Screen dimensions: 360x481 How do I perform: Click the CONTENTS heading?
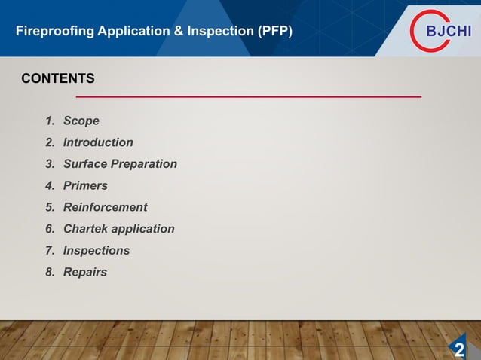tap(58, 78)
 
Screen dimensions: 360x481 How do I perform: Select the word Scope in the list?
tap(81, 121)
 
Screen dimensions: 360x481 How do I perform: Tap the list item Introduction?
tap(98, 142)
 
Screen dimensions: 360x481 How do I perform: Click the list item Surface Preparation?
tap(120, 163)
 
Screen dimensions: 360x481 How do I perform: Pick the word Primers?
tap(85, 185)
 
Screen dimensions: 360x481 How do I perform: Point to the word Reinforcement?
tap(105, 207)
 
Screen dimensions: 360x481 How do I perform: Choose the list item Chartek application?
tap(118, 229)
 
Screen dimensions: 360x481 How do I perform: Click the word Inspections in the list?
tap(96, 250)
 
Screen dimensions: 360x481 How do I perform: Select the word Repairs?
tap(84, 272)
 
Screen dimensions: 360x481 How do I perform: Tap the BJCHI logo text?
tap(449, 32)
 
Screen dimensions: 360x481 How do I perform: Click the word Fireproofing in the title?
tap(51, 32)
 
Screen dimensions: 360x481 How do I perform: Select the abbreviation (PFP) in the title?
tap(274, 32)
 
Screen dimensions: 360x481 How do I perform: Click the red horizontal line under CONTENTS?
tap(249, 96)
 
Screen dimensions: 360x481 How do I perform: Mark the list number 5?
tap(50, 207)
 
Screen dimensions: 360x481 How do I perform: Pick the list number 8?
tap(50, 272)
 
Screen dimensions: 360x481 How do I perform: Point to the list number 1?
tap(50, 121)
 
